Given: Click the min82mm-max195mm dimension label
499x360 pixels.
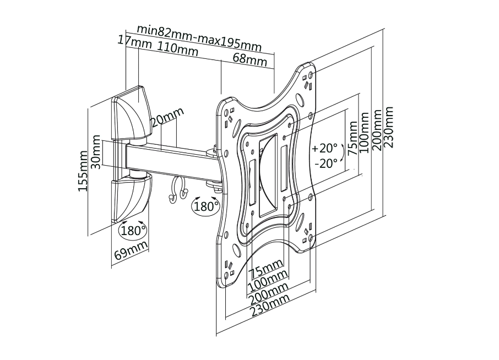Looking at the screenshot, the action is (x=199, y=38).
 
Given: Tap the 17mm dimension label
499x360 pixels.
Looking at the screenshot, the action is (x=134, y=41).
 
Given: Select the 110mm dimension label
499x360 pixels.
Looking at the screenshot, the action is (x=177, y=48).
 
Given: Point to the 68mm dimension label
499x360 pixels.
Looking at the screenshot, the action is (x=250, y=59).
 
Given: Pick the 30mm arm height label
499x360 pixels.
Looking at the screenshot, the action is (x=96, y=152).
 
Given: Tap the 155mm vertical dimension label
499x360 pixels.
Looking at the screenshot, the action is (x=83, y=171).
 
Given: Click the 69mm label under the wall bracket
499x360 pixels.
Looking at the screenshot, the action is (x=131, y=250).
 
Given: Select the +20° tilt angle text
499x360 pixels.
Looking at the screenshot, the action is (x=324, y=148).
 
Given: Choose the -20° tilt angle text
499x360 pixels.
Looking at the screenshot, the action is (x=326, y=163).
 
